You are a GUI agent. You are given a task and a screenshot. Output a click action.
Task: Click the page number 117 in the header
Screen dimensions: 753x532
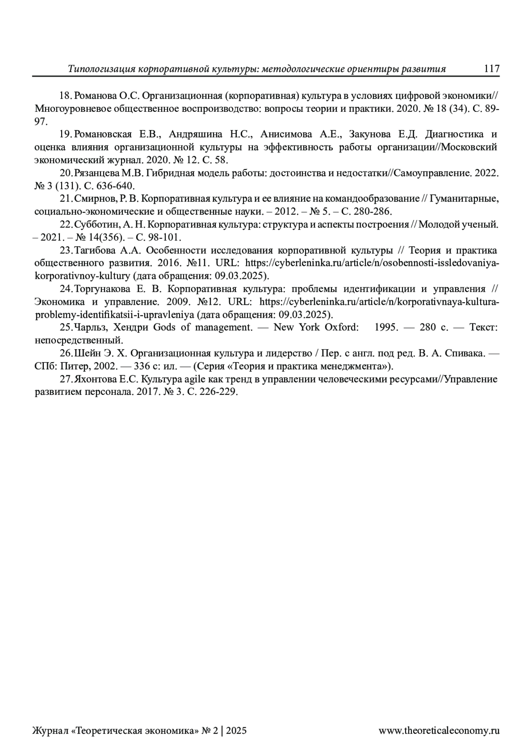point(492,69)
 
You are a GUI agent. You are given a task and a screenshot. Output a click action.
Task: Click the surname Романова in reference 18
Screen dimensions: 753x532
point(94,96)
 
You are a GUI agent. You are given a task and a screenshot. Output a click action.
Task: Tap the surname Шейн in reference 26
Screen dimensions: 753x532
point(85,353)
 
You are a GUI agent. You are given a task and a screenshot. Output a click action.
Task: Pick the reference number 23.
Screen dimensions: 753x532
point(66,250)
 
